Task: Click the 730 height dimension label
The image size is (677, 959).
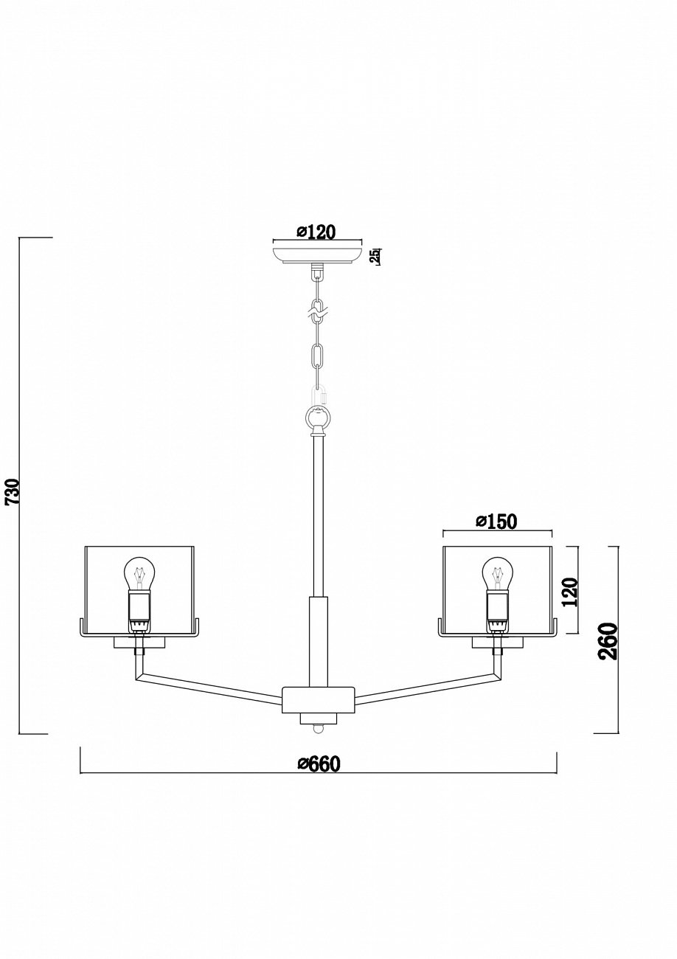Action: click(x=13, y=491)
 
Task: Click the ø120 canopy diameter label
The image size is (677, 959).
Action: click(x=316, y=232)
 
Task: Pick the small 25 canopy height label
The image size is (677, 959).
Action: click(x=375, y=256)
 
